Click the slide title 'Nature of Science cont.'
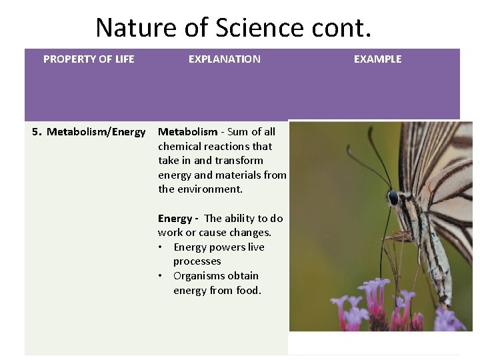[x=233, y=28]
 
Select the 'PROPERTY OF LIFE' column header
[x=89, y=59]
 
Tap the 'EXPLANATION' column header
[x=224, y=59]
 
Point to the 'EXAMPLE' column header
[x=377, y=59]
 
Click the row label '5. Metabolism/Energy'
[x=89, y=132]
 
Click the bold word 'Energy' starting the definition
[x=175, y=219]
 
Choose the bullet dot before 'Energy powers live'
[x=161, y=247]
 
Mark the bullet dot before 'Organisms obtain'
[x=161, y=276]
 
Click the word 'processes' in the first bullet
[x=197, y=262]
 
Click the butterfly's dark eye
[x=393, y=198]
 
